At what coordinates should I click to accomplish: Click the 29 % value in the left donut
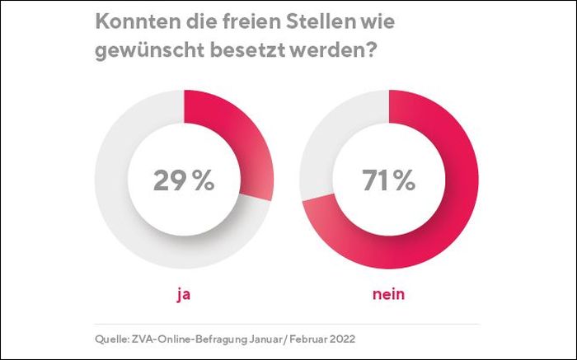[183, 180]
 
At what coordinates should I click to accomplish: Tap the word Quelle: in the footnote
[113, 339]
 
